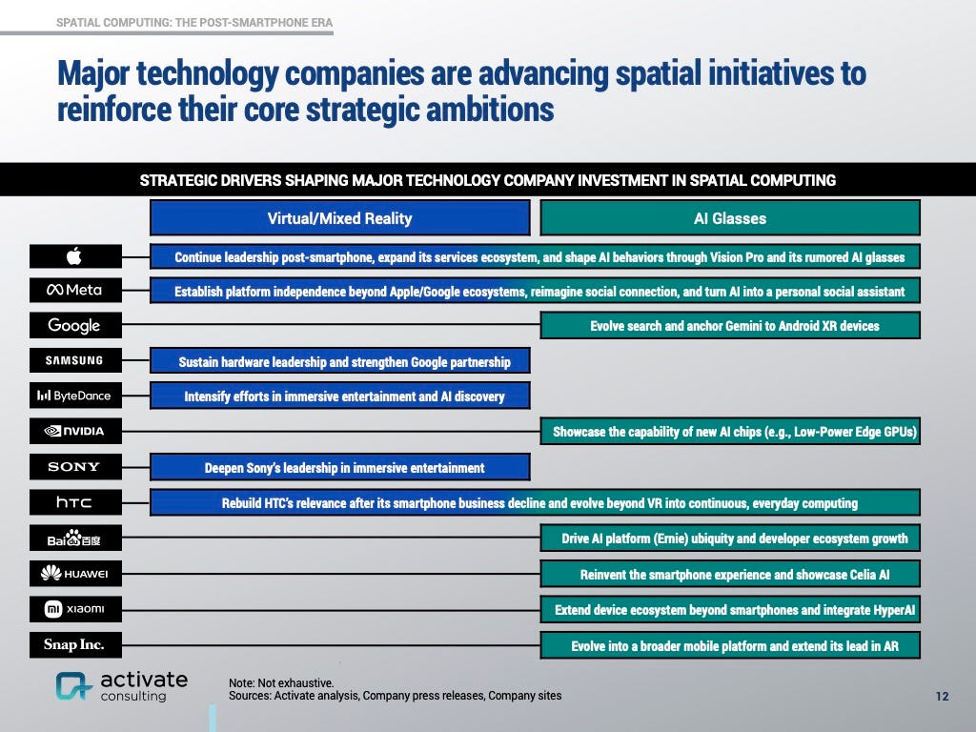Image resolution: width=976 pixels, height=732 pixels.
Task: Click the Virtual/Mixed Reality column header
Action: click(339, 218)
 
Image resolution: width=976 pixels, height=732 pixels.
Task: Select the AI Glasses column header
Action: click(729, 218)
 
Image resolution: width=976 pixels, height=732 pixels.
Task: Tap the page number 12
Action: click(942, 697)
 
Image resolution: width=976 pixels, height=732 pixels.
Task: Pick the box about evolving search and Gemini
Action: click(729, 325)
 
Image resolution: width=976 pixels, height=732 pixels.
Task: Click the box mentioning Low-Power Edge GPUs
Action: click(729, 432)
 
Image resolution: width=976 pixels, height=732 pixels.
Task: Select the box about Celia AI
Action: click(729, 574)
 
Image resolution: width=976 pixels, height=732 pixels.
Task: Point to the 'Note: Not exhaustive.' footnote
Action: click(281, 682)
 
